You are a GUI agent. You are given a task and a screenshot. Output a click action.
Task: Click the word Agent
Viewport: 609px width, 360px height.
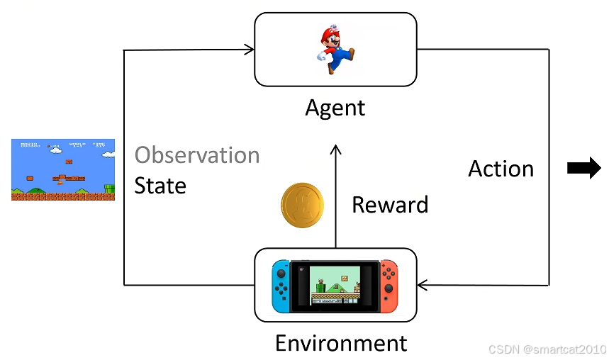coord(335,108)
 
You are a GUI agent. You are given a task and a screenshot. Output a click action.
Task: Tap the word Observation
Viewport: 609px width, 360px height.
coord(197,155)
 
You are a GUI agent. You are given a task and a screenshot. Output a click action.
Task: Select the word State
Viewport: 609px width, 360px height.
coord(160,186)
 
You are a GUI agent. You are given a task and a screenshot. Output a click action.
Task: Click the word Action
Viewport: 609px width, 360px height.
coord(501,169)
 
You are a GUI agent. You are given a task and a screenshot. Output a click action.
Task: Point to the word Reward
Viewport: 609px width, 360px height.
coord(390,205)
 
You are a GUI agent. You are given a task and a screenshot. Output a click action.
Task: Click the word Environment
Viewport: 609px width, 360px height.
coord(341,344)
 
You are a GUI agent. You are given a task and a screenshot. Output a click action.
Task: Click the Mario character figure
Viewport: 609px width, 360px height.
coord(333,49)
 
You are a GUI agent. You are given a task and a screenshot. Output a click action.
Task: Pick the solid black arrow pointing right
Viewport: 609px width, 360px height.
coord(584,169)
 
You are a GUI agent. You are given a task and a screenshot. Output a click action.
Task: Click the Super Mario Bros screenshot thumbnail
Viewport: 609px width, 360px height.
coord(62,169)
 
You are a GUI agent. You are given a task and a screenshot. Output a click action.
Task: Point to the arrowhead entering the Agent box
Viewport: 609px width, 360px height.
coord(250,49)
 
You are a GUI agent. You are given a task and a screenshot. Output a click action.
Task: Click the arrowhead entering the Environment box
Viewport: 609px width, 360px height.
coord(423,286)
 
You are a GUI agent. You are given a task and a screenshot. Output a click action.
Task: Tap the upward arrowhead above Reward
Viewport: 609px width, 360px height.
coord(336,150)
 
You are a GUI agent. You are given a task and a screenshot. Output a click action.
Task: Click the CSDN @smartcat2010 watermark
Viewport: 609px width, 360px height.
coord(547,349)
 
